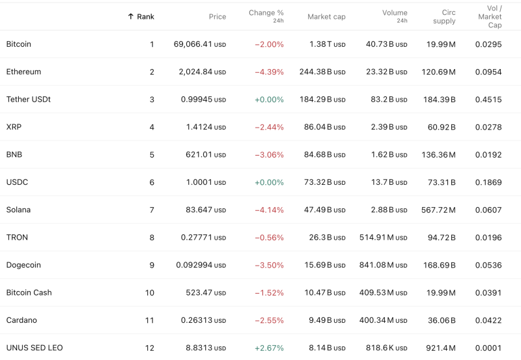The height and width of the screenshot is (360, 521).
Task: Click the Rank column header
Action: (x=145, y=16)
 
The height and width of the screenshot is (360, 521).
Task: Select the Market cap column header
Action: (x=326, y=16)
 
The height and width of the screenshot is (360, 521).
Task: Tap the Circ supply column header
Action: (x=444, y=16)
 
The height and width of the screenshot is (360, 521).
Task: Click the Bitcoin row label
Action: (x=19, y=44)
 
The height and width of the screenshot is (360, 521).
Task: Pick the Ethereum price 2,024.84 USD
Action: (x=202, y=72)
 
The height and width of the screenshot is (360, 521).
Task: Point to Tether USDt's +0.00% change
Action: (x=269, y=100)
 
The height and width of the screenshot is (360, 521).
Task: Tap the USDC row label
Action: (x=17, y=182)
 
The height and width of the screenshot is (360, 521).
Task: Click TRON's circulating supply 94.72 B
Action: (x=442, y=238)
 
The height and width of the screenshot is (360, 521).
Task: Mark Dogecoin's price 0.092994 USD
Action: (x=201, y=265)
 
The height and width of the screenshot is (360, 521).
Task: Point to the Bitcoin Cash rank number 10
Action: (x=150, y=293)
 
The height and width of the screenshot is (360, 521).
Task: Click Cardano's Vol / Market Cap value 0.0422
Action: (x=488, y=320)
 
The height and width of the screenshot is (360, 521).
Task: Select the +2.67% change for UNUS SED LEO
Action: (x=269, y=348)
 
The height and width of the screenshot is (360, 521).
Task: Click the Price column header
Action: (x=218, y=16)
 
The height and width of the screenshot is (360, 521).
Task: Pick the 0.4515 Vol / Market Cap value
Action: (x=488, y=100)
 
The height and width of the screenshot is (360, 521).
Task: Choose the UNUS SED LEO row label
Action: (x=35, y=348)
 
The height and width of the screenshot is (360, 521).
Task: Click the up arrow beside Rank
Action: (x=130, y=16)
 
